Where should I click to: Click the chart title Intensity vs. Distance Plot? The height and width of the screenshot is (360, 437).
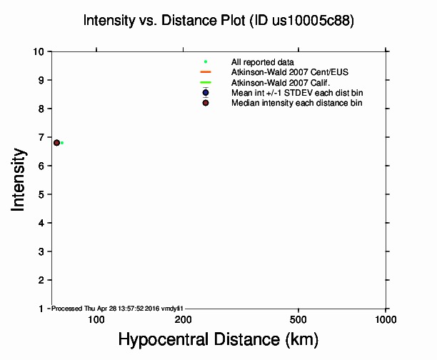coord(218,21)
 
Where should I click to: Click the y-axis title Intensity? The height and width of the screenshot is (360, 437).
coord(19,180)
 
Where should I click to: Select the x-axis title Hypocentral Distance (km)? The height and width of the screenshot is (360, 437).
coord(218,338)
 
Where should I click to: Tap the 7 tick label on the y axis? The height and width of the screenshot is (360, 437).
coord(44,137)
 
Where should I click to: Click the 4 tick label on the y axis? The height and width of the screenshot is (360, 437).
coord(44,223)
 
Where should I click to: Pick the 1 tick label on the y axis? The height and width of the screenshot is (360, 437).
coord(44,309)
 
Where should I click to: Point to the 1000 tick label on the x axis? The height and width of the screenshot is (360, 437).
coord(386,319)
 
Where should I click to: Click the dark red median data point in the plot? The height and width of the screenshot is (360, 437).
coord(56,143)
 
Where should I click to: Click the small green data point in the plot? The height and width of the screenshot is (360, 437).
coord(62,143)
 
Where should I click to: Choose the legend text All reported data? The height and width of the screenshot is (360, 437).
coord(263,62)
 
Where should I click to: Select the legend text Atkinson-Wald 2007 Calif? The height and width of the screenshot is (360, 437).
coord(275,83)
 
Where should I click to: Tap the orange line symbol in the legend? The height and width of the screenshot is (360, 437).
coord(206,72)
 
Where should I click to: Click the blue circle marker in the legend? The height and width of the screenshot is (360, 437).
coord(206,93)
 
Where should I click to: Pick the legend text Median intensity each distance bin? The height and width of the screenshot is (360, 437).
coord(296,104)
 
